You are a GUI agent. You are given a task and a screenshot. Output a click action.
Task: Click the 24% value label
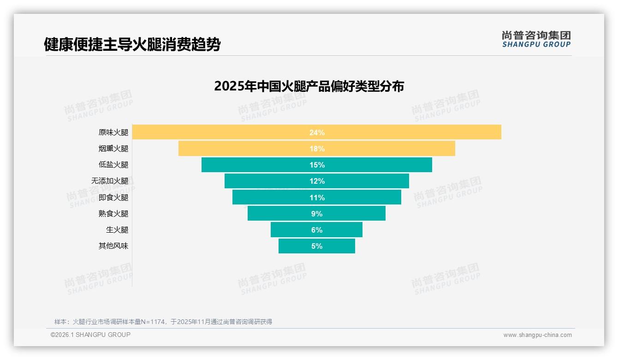pos(317,132)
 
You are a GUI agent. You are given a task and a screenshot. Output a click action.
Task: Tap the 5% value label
pos(317,246)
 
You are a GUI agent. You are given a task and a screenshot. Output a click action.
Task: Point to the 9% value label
pos(317,214)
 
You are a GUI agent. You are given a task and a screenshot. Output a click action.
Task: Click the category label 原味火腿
pos(113,132)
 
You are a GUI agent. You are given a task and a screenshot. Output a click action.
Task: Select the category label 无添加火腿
pos(110,181)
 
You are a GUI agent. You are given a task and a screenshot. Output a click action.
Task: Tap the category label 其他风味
pos(113,246)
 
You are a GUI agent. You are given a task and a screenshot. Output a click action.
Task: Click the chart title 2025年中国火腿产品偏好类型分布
pos(309,86)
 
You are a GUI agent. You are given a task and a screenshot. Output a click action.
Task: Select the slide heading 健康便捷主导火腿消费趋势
pos(132,45)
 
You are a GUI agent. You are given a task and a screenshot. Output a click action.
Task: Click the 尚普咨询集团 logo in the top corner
pos(536,39)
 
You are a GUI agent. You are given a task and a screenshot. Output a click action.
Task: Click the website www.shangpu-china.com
pos(537,335)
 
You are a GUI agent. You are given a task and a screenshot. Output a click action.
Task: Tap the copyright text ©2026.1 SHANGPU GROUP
pos(90,335)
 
